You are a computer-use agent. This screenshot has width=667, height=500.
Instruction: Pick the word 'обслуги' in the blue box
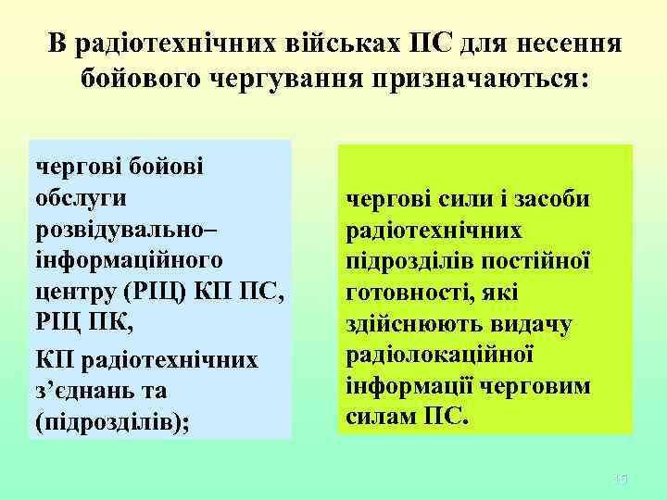pos(81,197)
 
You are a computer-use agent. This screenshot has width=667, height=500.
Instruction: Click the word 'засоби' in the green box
pos(557,198)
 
